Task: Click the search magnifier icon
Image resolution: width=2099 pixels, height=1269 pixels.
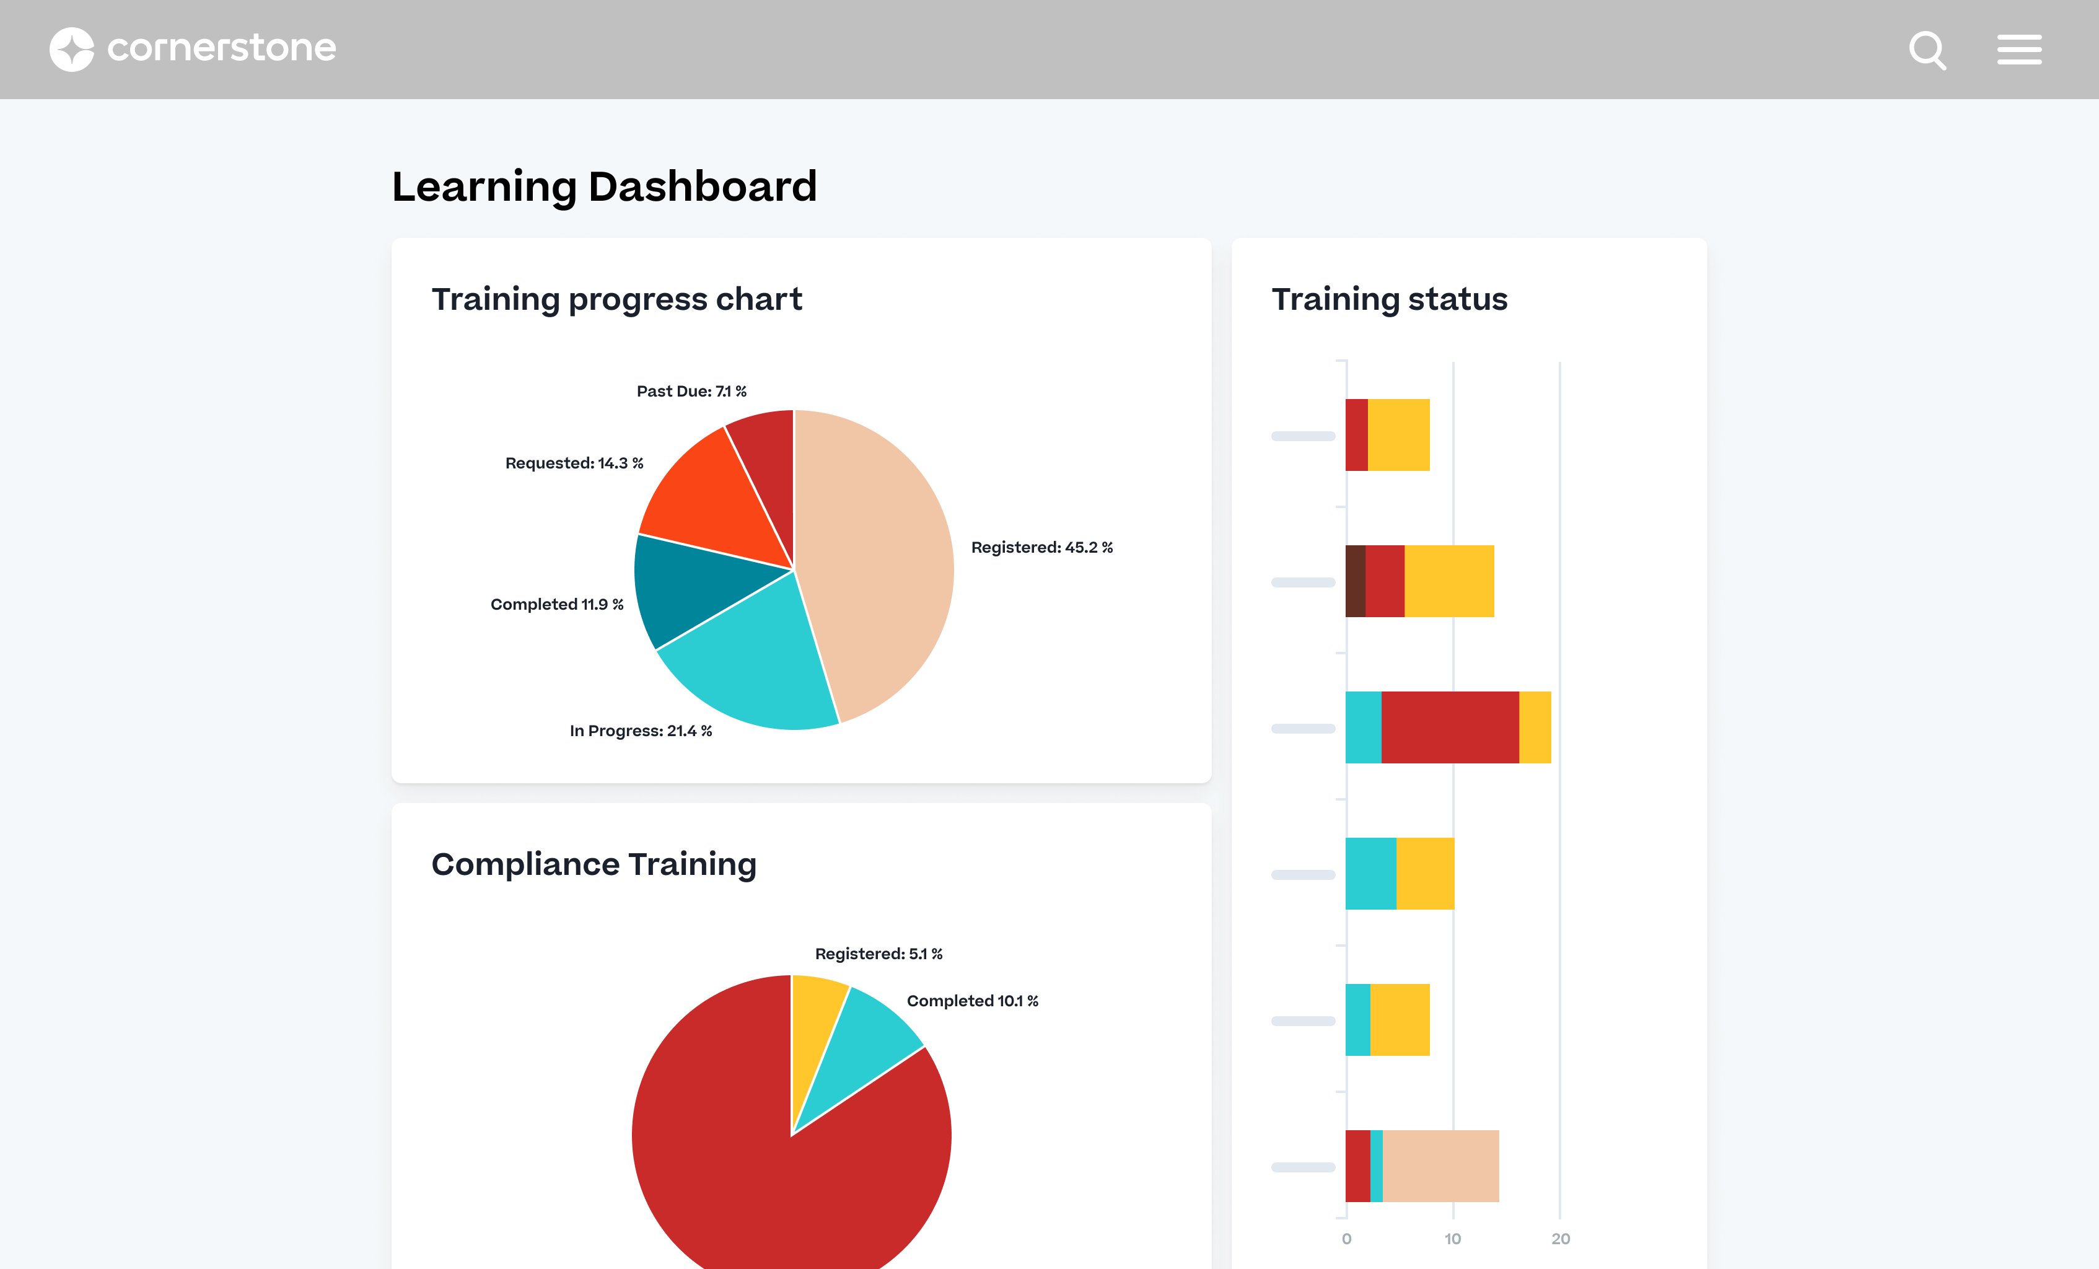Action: tap(1927, 50)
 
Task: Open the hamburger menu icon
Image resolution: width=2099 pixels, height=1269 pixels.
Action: tap(2019, 50)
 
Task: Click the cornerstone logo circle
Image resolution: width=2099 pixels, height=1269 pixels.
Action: tap(72, 50)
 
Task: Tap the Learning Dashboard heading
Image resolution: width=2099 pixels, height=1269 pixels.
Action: tap(604, 187)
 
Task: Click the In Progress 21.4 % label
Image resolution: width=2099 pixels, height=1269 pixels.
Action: tap(641, 731)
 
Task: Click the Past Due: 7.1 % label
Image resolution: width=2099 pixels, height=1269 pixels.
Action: tap(691, 391)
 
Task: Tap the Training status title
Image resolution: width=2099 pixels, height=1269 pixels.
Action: tap(1390, 299)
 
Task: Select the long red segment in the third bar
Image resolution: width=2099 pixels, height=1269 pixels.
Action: tap(1450, 727)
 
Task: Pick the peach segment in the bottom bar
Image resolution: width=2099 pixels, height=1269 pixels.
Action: tap(1440, 1166)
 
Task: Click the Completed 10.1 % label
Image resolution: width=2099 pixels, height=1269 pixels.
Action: tap(972, 1001)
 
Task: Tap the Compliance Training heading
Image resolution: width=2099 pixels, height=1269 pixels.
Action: tap(594, 864)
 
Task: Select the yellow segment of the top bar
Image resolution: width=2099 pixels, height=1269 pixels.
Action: tap(1398, 434)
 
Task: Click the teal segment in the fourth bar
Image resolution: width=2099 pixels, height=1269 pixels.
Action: tap(1370, 874)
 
